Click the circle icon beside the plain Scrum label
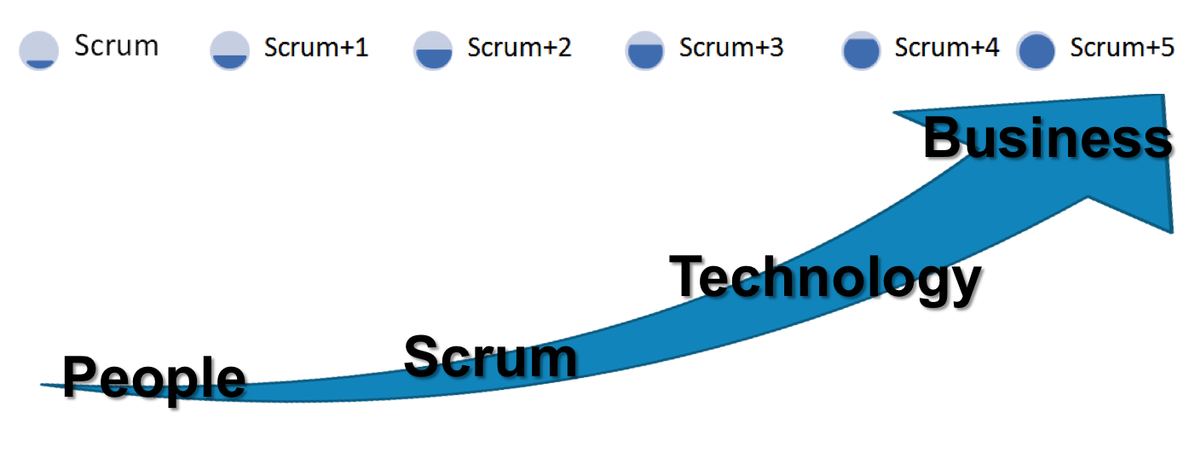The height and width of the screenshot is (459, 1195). tap(38, 50)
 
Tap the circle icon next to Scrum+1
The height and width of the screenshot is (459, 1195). tap(229, 50)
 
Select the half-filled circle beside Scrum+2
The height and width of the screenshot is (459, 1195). tap(433, 50)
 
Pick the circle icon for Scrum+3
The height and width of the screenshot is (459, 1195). tap(644, 50)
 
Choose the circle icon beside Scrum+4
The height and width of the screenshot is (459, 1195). tap(860, 50)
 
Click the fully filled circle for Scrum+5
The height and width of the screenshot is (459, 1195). tap(1036, 50)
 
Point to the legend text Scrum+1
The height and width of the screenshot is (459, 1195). tap(316, 48)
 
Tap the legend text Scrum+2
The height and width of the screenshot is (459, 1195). tap(519, 48)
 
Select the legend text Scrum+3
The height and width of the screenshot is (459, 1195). tap(731, 48)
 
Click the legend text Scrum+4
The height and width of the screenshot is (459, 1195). tap(946, 48)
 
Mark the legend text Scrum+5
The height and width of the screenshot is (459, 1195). tap(1123, 48)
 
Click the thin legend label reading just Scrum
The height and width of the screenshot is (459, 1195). tap(116, 45)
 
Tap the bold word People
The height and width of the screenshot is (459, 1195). tap(156, 380)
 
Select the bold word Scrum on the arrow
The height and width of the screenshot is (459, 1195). tap(491, 357)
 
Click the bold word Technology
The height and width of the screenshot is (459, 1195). tap(828, 280)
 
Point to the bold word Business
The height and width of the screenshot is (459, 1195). tap(1050, 139)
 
